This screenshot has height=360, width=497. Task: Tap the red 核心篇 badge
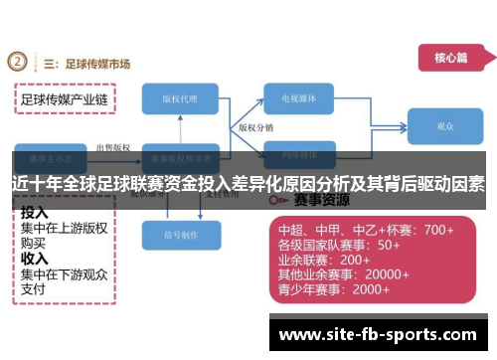448,58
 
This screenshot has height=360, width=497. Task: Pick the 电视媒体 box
304,99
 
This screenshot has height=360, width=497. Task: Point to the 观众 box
444,127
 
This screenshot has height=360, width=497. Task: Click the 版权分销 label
255,128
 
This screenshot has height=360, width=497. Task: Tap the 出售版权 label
111,147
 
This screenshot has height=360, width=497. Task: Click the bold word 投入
35,213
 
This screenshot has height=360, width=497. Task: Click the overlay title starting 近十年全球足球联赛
248,183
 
